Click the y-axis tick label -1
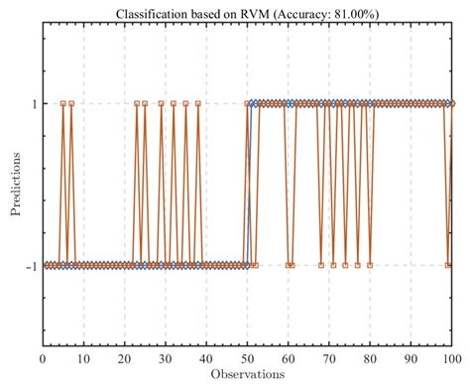(x=31, y=266)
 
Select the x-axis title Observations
(x=247, y=374)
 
